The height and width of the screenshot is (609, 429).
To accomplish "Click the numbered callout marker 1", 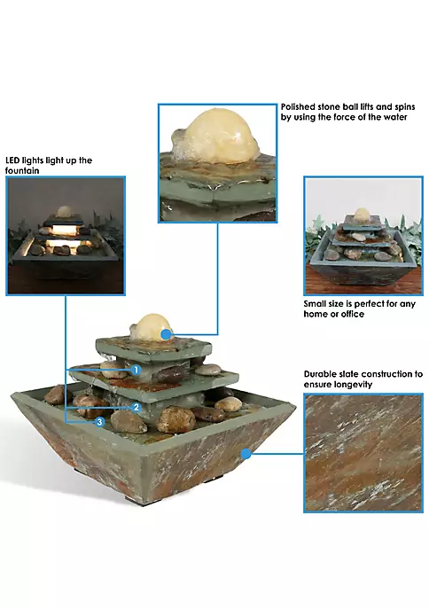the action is tap(136, 370).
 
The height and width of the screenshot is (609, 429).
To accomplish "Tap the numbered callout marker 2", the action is tap(136, 408).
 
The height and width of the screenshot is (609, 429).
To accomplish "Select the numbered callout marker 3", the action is tap(100, 421).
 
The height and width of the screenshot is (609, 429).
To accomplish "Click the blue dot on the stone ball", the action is tap(166, 334).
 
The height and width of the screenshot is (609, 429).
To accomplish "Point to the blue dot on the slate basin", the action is tap(246, 453).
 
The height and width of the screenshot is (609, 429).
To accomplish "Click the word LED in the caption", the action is tap(12, 160).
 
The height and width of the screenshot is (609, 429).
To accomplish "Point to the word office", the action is tap(353, 314).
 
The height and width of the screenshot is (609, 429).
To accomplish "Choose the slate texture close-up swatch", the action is tap(363, 453).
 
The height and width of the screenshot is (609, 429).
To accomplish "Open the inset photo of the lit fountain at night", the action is tap(66, 236).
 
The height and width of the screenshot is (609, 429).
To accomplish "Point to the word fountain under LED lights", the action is tap(22, 170).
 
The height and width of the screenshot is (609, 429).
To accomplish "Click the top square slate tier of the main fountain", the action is tap(153, 347).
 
